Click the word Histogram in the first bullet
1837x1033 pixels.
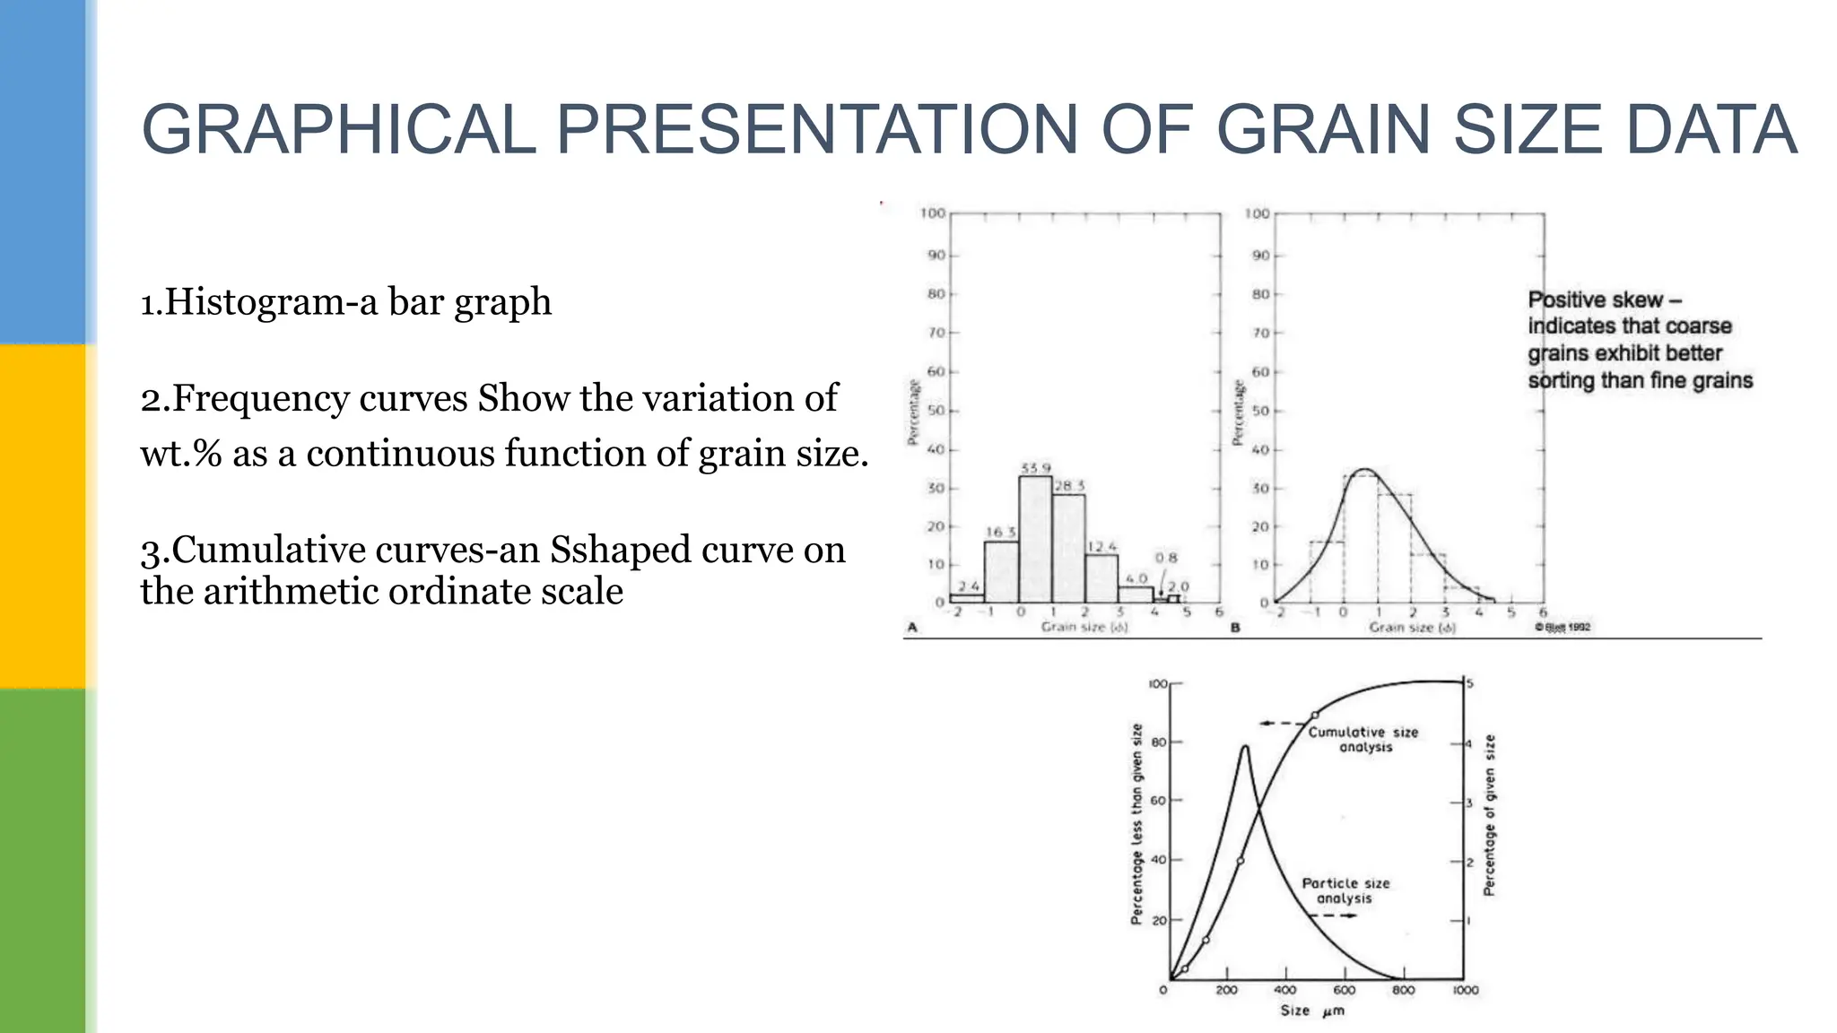(x=253, y=302)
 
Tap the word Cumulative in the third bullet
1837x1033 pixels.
(x=267, y=551)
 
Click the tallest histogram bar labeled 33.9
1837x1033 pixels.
(x=1035, y=538)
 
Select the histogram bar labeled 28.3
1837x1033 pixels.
(x=1068, y=547)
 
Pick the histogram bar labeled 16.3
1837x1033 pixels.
(x=1001, y=571)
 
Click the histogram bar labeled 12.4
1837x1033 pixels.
(x=1101, y=578)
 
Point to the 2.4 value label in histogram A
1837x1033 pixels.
(x=969, y=586)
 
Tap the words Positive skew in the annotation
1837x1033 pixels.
(x=1595, y=299)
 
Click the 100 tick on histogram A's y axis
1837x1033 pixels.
(x=932, y=213)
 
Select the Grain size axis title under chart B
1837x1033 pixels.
(x=1411, y=628)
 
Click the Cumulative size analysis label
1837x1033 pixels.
(x=1363, y=740)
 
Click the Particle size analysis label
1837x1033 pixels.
(x=1345, y=890)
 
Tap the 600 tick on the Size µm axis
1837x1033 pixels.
(x=1344, y=990)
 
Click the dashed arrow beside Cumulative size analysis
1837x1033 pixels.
(x=1283, y=724)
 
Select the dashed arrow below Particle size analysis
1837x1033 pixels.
(x=1333, y=916)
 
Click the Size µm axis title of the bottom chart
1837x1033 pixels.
(x=1311, y=1011)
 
